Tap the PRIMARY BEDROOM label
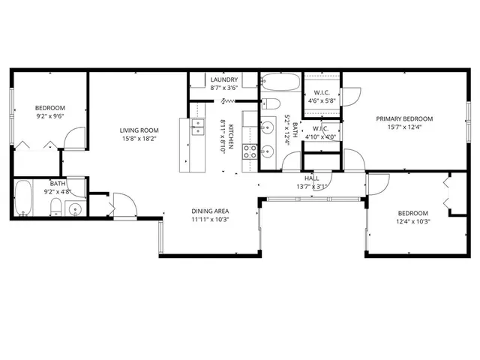tap(409, 118)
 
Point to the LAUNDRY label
tap(224, 79)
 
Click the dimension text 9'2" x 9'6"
tap(50, 116)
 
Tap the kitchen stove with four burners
tap(250, 152)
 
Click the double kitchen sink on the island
tap(198, 127)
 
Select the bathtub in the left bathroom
tap(23, 197)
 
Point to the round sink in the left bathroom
tap(73, 208)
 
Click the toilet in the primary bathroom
tap(272, 103)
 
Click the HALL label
tap(311, 178)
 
